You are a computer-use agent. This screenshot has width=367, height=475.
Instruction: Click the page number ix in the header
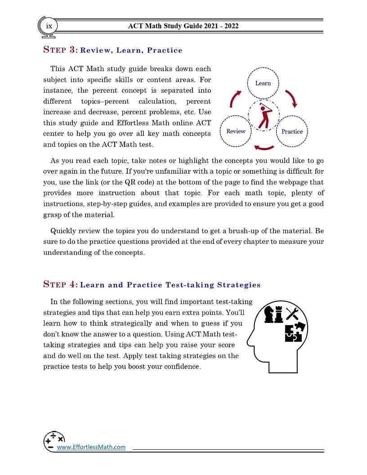pyautogui.click(x=49, y=26)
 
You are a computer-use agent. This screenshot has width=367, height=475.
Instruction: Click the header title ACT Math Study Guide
pyautogui.click(x=183, y=26)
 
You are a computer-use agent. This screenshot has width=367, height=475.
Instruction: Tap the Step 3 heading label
pyautogui.click(x=61, y=50)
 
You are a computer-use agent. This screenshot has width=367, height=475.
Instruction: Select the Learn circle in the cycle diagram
pyautogui.click(x=263, y=83)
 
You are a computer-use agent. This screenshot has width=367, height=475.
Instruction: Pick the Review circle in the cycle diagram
pyautogui.click(x=236, y=131)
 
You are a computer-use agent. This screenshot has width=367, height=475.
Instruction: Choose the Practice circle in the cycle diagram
pyautogui.click(x=292, y=131)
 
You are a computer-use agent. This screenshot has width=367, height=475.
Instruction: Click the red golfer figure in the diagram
pyautogui.click(x=264, y=115)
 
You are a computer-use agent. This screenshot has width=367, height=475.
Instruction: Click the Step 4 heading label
pyautogui.click(x=61, y=284)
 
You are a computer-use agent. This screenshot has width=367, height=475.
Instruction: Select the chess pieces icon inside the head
pyautogui.click(x=273, y=314)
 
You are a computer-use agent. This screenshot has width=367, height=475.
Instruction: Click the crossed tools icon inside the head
pyautogui.click(x=292, y=313)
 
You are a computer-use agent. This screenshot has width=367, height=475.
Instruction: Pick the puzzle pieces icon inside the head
pyautogui.click(x=295, y=332)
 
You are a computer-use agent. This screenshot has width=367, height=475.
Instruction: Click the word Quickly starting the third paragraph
pyautogui.click(x=63, y=231)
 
